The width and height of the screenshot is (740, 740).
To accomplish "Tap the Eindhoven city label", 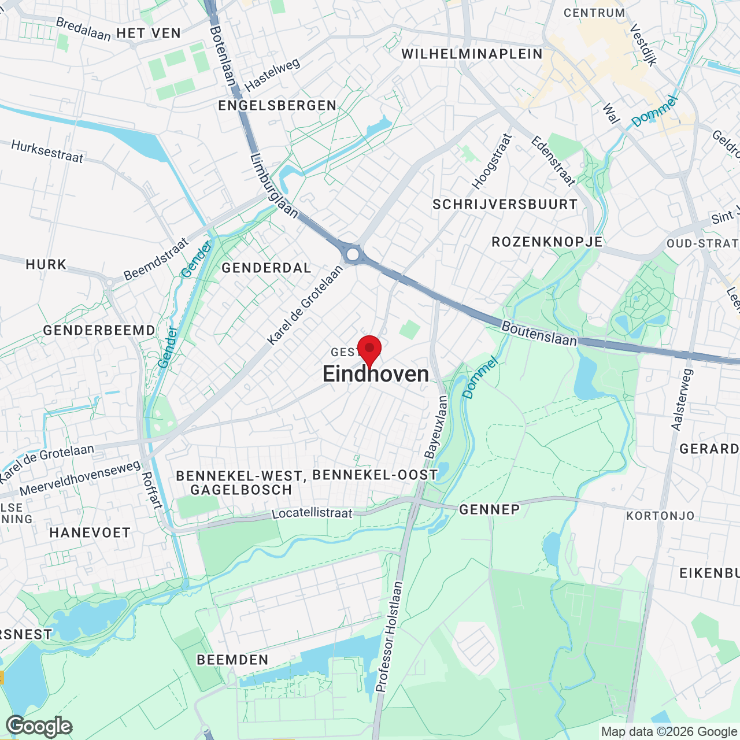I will pyautogui.click(x=376, y=374).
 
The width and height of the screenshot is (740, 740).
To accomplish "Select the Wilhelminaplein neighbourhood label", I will pyautogui.click(x=472, y=54).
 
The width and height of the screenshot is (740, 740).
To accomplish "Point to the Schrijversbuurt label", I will pyautogui.click(x=505, y=204).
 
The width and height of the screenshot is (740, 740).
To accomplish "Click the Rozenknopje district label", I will pyautogui.click(x=547, y=242).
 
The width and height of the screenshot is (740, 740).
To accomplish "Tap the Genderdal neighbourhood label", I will pyautogui.click(x=267, y=268).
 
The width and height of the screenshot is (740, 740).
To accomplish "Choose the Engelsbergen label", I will pyautogui.click(x=277, y=105).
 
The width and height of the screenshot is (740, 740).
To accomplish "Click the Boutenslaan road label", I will pyautogui.click(x=539, y=334).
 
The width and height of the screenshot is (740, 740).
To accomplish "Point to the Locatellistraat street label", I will pyautogui.click(x=312, y=513).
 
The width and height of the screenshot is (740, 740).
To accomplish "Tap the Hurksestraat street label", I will pyautogui.click(x=47, y=151).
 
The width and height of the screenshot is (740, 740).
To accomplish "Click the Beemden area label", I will pyautogui.click(x=232, y=660).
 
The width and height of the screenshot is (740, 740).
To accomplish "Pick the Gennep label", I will pyautogui.click(x=489, y=509).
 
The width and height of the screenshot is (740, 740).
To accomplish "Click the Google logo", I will pyautogui.click(x=39, y=726).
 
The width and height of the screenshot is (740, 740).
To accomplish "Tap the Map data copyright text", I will pyautogui.click(x=669, y=732).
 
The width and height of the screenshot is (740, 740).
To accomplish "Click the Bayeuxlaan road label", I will pyautogui.click(x=436, y=427).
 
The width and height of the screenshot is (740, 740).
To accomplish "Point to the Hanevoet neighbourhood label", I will pyautogui.click(x=90, y=532).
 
